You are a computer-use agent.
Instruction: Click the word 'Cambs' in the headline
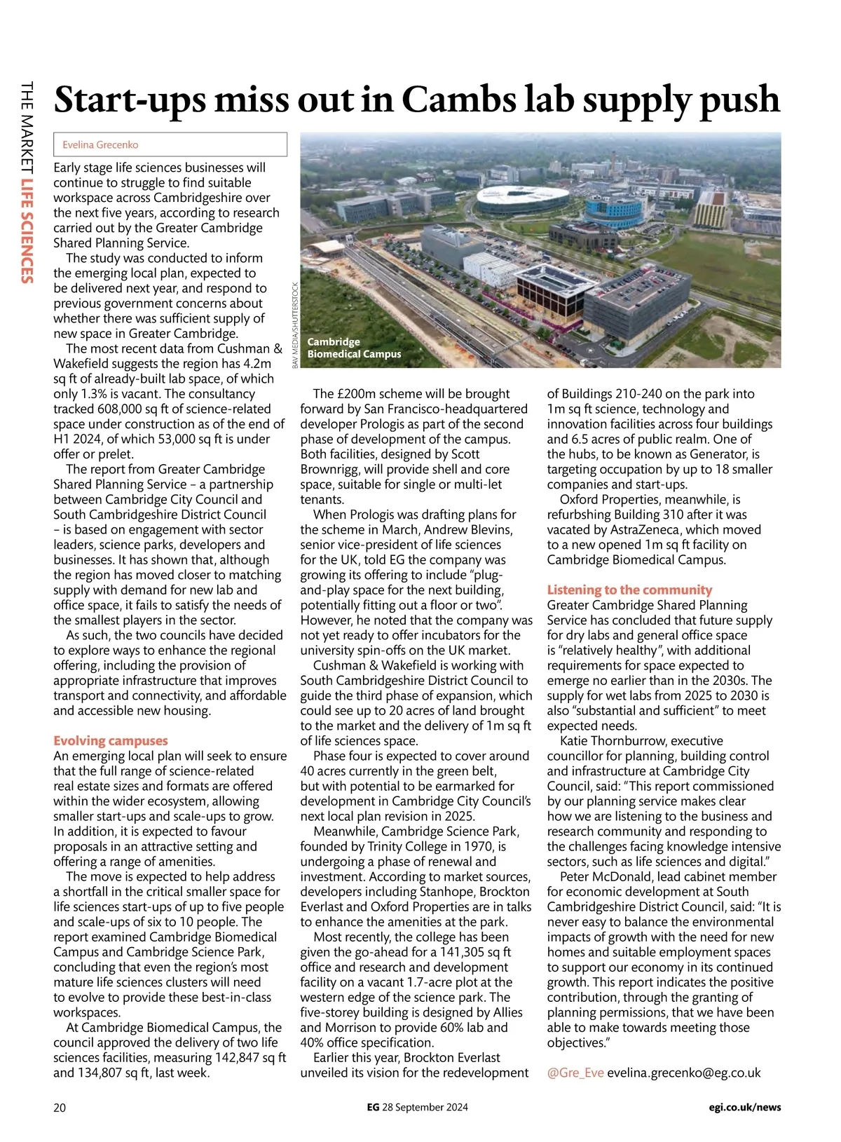459,100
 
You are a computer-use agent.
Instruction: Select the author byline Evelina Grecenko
100,145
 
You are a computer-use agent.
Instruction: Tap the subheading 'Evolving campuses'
111,741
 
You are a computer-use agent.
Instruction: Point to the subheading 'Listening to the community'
629,590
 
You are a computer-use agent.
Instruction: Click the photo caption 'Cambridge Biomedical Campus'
354,348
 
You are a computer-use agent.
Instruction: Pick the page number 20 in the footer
60,1108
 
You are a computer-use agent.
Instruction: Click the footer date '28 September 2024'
425,1108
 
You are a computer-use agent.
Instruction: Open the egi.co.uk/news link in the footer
744,1108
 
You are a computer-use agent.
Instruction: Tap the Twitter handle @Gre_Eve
575,1073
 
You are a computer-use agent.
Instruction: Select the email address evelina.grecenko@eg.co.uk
684,1073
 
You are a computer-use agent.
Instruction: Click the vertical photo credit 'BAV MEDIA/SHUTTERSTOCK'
295,325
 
